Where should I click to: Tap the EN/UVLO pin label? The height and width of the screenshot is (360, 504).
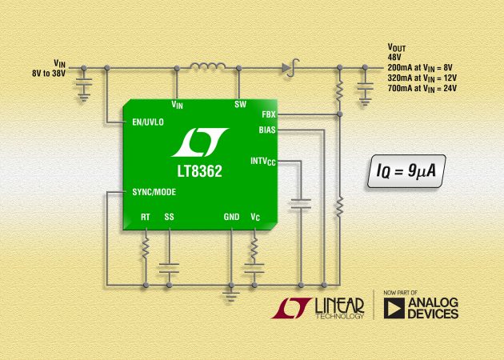click(x=149, y=122)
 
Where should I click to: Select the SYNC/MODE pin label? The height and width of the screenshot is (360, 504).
click(x=154, y=192)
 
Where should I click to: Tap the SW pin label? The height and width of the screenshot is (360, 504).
click(x=240, y=104)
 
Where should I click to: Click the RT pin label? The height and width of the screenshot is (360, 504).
click(x=145, y=216)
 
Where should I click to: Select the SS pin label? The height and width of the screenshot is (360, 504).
click(x=169, y=216)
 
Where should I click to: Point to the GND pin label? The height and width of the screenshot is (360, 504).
click(x=230, y=216)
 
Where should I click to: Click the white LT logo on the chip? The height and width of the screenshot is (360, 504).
click(x=201, y=142)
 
